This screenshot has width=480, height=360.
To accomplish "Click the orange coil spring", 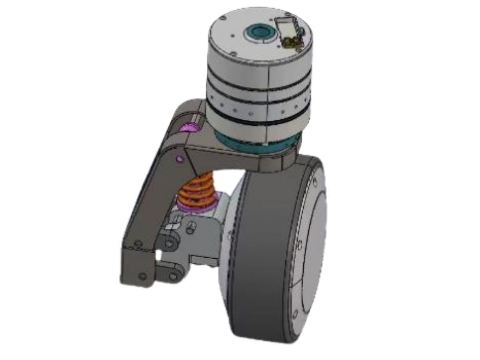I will pos(197,191).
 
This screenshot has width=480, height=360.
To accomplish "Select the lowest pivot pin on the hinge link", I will pos(173,276).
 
